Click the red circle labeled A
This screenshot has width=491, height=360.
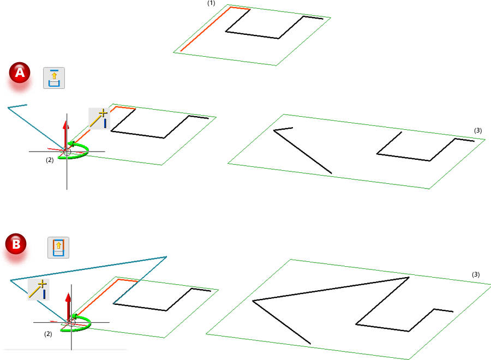(20, 73)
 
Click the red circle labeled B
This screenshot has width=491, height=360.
(16, 244)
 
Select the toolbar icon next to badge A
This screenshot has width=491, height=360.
(54, 78)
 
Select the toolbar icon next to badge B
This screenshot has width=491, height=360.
(58, 248)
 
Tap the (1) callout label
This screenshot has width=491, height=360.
(211, 3)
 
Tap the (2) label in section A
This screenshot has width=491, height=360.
(50, 160)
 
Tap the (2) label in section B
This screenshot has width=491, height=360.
(48, 334)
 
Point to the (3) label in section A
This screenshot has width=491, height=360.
(478, 130)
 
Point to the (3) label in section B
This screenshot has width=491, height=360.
(476, 274)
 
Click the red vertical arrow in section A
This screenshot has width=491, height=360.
(65, 135)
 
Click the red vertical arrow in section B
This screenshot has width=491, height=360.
(68, 306)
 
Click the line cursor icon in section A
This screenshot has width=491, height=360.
(99, 119)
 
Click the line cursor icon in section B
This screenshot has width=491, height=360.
(39, 290)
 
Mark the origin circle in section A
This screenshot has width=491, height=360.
(67, 152)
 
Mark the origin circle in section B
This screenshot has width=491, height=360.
(71, 323)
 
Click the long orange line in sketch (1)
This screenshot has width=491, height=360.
(206, 29)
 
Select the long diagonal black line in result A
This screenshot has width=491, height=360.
(302, 152)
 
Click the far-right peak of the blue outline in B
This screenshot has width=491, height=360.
(166, 257)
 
